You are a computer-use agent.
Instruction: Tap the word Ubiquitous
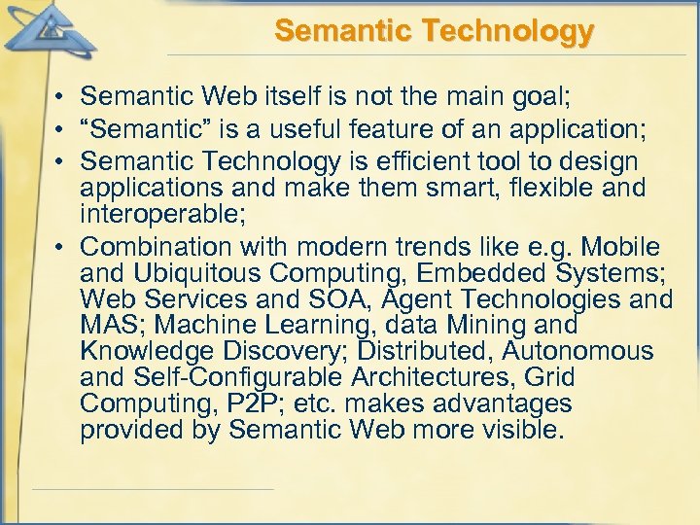pyautogui.click(x=201, y=273)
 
